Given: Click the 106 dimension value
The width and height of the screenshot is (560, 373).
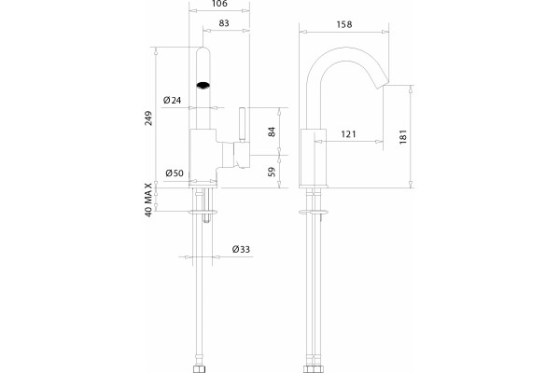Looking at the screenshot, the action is tap(219, 4).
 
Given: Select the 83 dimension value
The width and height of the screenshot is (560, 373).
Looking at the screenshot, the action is tap(224, 23).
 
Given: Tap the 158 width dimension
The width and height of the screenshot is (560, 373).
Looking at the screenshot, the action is tap(344, 24).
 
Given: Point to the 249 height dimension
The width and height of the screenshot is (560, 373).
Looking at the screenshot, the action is tap(148, 118).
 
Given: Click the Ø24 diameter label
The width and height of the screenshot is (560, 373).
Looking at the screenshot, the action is tap(172, 101).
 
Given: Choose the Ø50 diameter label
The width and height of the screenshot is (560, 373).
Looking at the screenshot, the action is tap(175, 173).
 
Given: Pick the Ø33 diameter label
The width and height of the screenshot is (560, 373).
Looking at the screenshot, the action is tap(241, 249).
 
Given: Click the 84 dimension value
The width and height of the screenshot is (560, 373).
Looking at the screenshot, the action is tap(272, 131).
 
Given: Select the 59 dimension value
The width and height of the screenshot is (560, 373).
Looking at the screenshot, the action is tap(272, 172).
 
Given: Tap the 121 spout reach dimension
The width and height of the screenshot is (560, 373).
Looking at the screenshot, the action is tap(348, 134).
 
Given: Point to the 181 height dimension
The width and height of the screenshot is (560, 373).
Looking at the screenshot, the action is tap(403, 137).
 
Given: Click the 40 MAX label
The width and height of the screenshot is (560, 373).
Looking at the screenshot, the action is tap(148, 200).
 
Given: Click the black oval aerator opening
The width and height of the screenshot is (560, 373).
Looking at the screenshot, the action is tap(203, 85).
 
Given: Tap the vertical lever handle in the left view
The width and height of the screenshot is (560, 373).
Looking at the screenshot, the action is tap(243, 124).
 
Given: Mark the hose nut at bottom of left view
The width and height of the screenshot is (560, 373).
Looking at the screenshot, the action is tap(198, 369).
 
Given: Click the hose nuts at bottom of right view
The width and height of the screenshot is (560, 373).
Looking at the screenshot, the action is tap(313, 369).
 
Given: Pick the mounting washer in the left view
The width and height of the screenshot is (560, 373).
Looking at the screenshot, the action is tap(203, 212).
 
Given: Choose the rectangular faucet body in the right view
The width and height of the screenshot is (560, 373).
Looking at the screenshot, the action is tap(314, 157).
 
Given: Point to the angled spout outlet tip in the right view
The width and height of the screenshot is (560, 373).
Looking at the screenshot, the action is tap(383, 82).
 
